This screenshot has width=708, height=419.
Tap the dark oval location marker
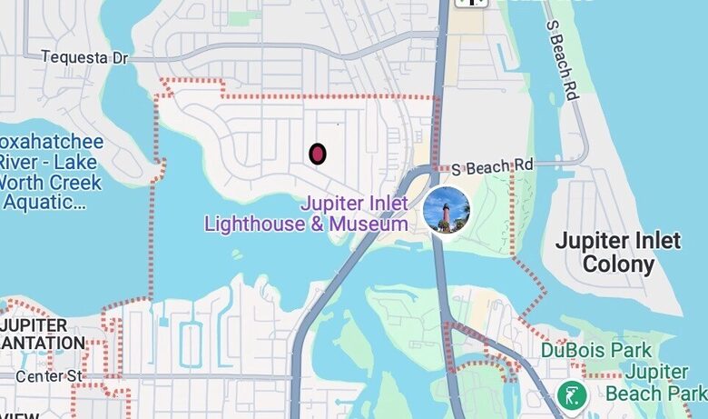(x=317, y=155)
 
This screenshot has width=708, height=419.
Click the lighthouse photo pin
(x=447, y=210)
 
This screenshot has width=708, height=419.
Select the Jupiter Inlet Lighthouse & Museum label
(x=306, y=214)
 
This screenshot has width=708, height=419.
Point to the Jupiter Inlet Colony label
(x=617, y=253)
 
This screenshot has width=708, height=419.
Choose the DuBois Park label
(x=595, y=350)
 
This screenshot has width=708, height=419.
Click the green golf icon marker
(x=572, y=395)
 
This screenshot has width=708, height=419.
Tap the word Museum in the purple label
(x=369, y=224)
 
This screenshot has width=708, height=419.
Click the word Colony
(x=618, y=264)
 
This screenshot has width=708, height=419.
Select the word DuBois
(x=574, y=350)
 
